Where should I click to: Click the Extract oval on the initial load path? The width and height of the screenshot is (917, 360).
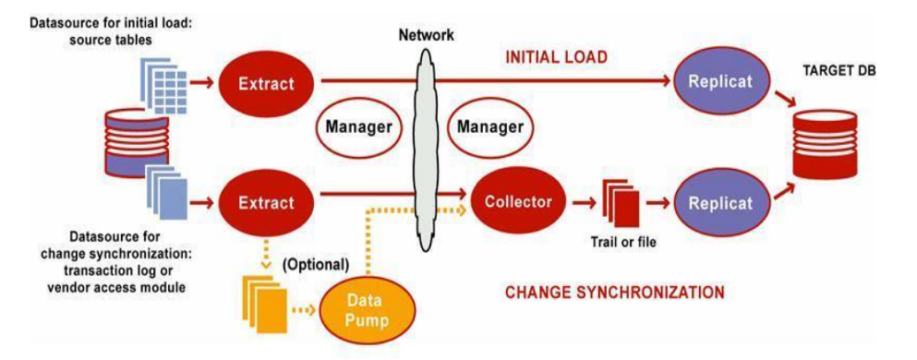tap(267, 83)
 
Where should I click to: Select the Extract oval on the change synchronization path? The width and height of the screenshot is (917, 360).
tap(267, 203)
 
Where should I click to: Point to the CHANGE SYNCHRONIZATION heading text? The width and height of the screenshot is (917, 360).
tap(615, 292)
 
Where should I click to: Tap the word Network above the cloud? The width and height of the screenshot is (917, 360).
tap(426, 35)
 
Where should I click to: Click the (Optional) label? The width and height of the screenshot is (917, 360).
tap(316, 264)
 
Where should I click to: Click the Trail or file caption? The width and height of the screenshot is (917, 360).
tap(622, 240)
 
